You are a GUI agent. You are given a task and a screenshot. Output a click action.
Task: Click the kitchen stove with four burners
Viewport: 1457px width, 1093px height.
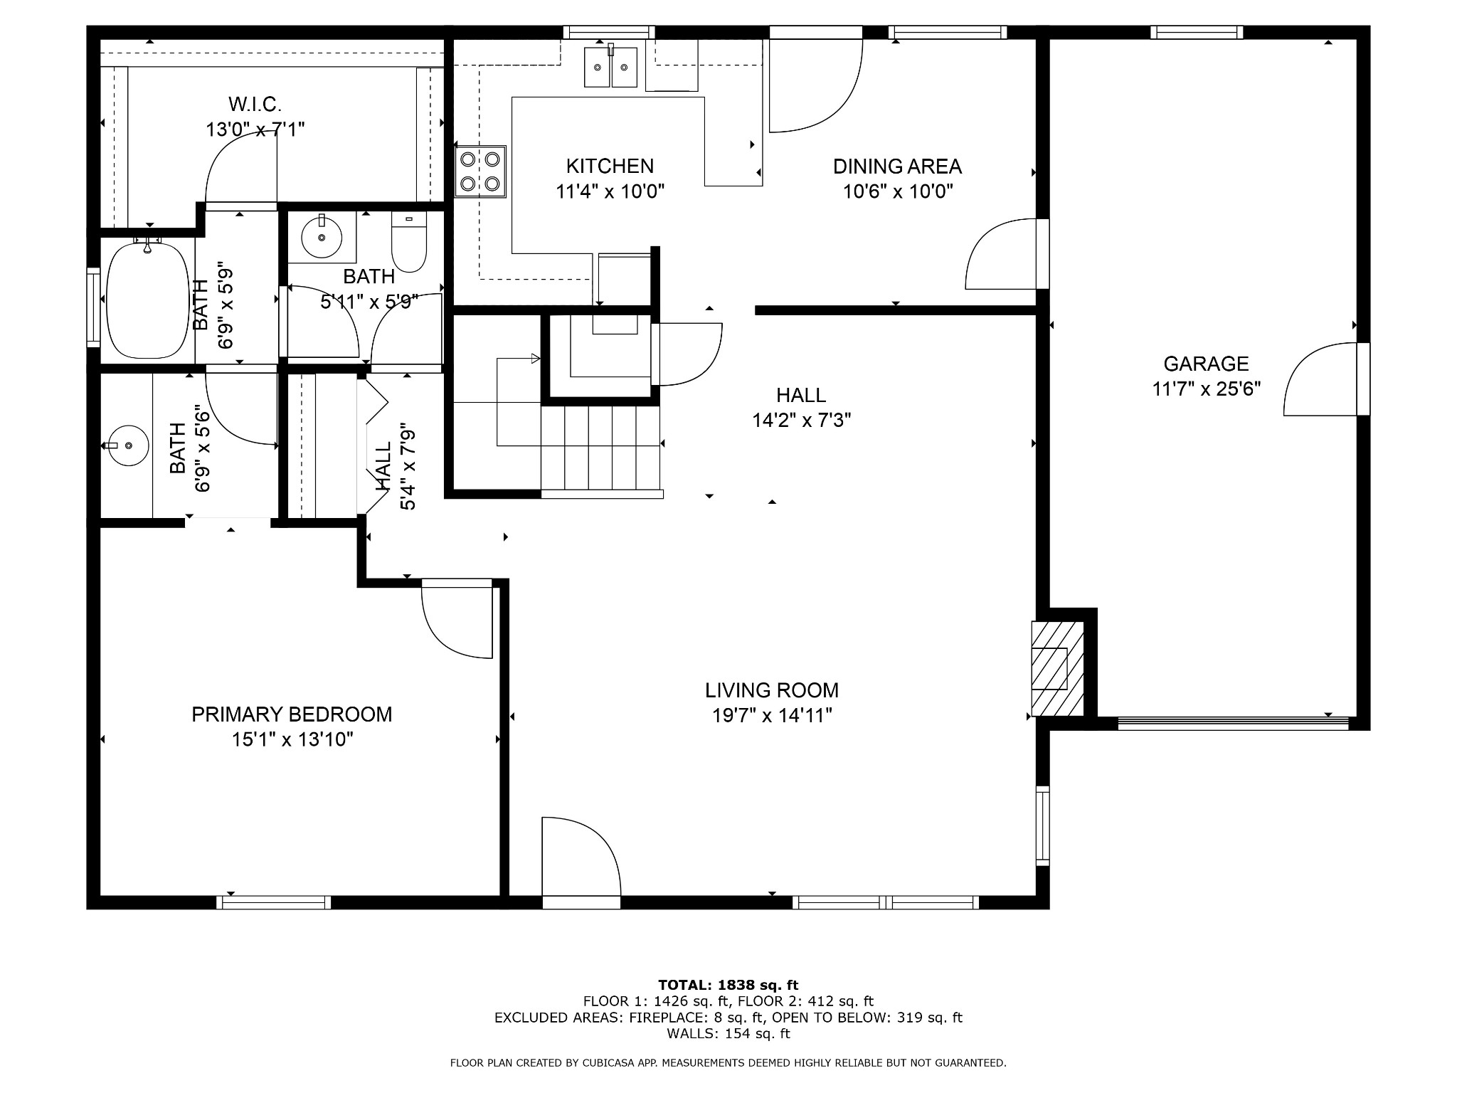coord(480,171)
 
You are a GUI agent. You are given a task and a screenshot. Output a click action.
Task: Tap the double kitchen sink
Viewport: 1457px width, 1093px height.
coord(610,67)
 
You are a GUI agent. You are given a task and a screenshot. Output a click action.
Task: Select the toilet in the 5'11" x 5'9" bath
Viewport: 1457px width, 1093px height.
coord(409,242)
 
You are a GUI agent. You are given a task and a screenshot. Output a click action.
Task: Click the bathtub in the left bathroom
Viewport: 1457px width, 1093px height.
coord(147,300)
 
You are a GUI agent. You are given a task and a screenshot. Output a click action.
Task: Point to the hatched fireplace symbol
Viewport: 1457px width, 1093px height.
coord(1058,669)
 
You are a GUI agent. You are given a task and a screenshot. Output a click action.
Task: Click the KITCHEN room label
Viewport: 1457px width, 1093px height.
coord(610,166)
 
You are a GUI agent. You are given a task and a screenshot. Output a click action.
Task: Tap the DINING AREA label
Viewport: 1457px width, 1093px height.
coord(897,167)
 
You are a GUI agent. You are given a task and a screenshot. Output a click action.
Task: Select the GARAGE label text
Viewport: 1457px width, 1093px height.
coord(1206,364)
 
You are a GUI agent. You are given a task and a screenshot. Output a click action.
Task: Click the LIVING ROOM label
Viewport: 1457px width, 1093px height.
coord(772,690)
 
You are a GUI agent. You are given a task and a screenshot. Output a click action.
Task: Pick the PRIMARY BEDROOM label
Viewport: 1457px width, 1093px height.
coord(292,714)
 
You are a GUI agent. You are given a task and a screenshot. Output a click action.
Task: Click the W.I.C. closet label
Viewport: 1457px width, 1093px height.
coord(255,105)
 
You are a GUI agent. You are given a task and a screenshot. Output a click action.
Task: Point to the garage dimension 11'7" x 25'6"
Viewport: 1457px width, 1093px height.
coord(1207,389)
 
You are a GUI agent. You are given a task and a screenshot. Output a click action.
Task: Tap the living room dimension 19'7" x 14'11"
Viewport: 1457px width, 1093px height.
coord(772,715)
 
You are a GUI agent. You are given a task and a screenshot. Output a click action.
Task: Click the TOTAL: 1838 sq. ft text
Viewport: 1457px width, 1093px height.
coord(728,985)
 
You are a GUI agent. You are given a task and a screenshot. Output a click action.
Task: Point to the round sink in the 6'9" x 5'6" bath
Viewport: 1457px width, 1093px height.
coord(128,445)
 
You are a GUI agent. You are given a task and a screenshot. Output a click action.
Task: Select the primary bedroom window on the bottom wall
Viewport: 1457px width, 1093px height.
coord(274,902)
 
